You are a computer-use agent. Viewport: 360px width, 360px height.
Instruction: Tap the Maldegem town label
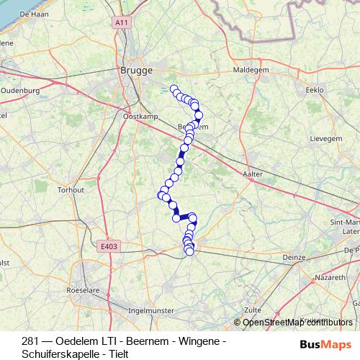[250, 71]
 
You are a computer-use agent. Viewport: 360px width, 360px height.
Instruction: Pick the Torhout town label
[71, 190]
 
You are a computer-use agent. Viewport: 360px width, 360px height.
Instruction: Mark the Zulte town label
[252, 310]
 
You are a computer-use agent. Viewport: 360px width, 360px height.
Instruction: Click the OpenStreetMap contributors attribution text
[297, 322]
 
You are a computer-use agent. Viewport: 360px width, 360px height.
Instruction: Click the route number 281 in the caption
[30, 341]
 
